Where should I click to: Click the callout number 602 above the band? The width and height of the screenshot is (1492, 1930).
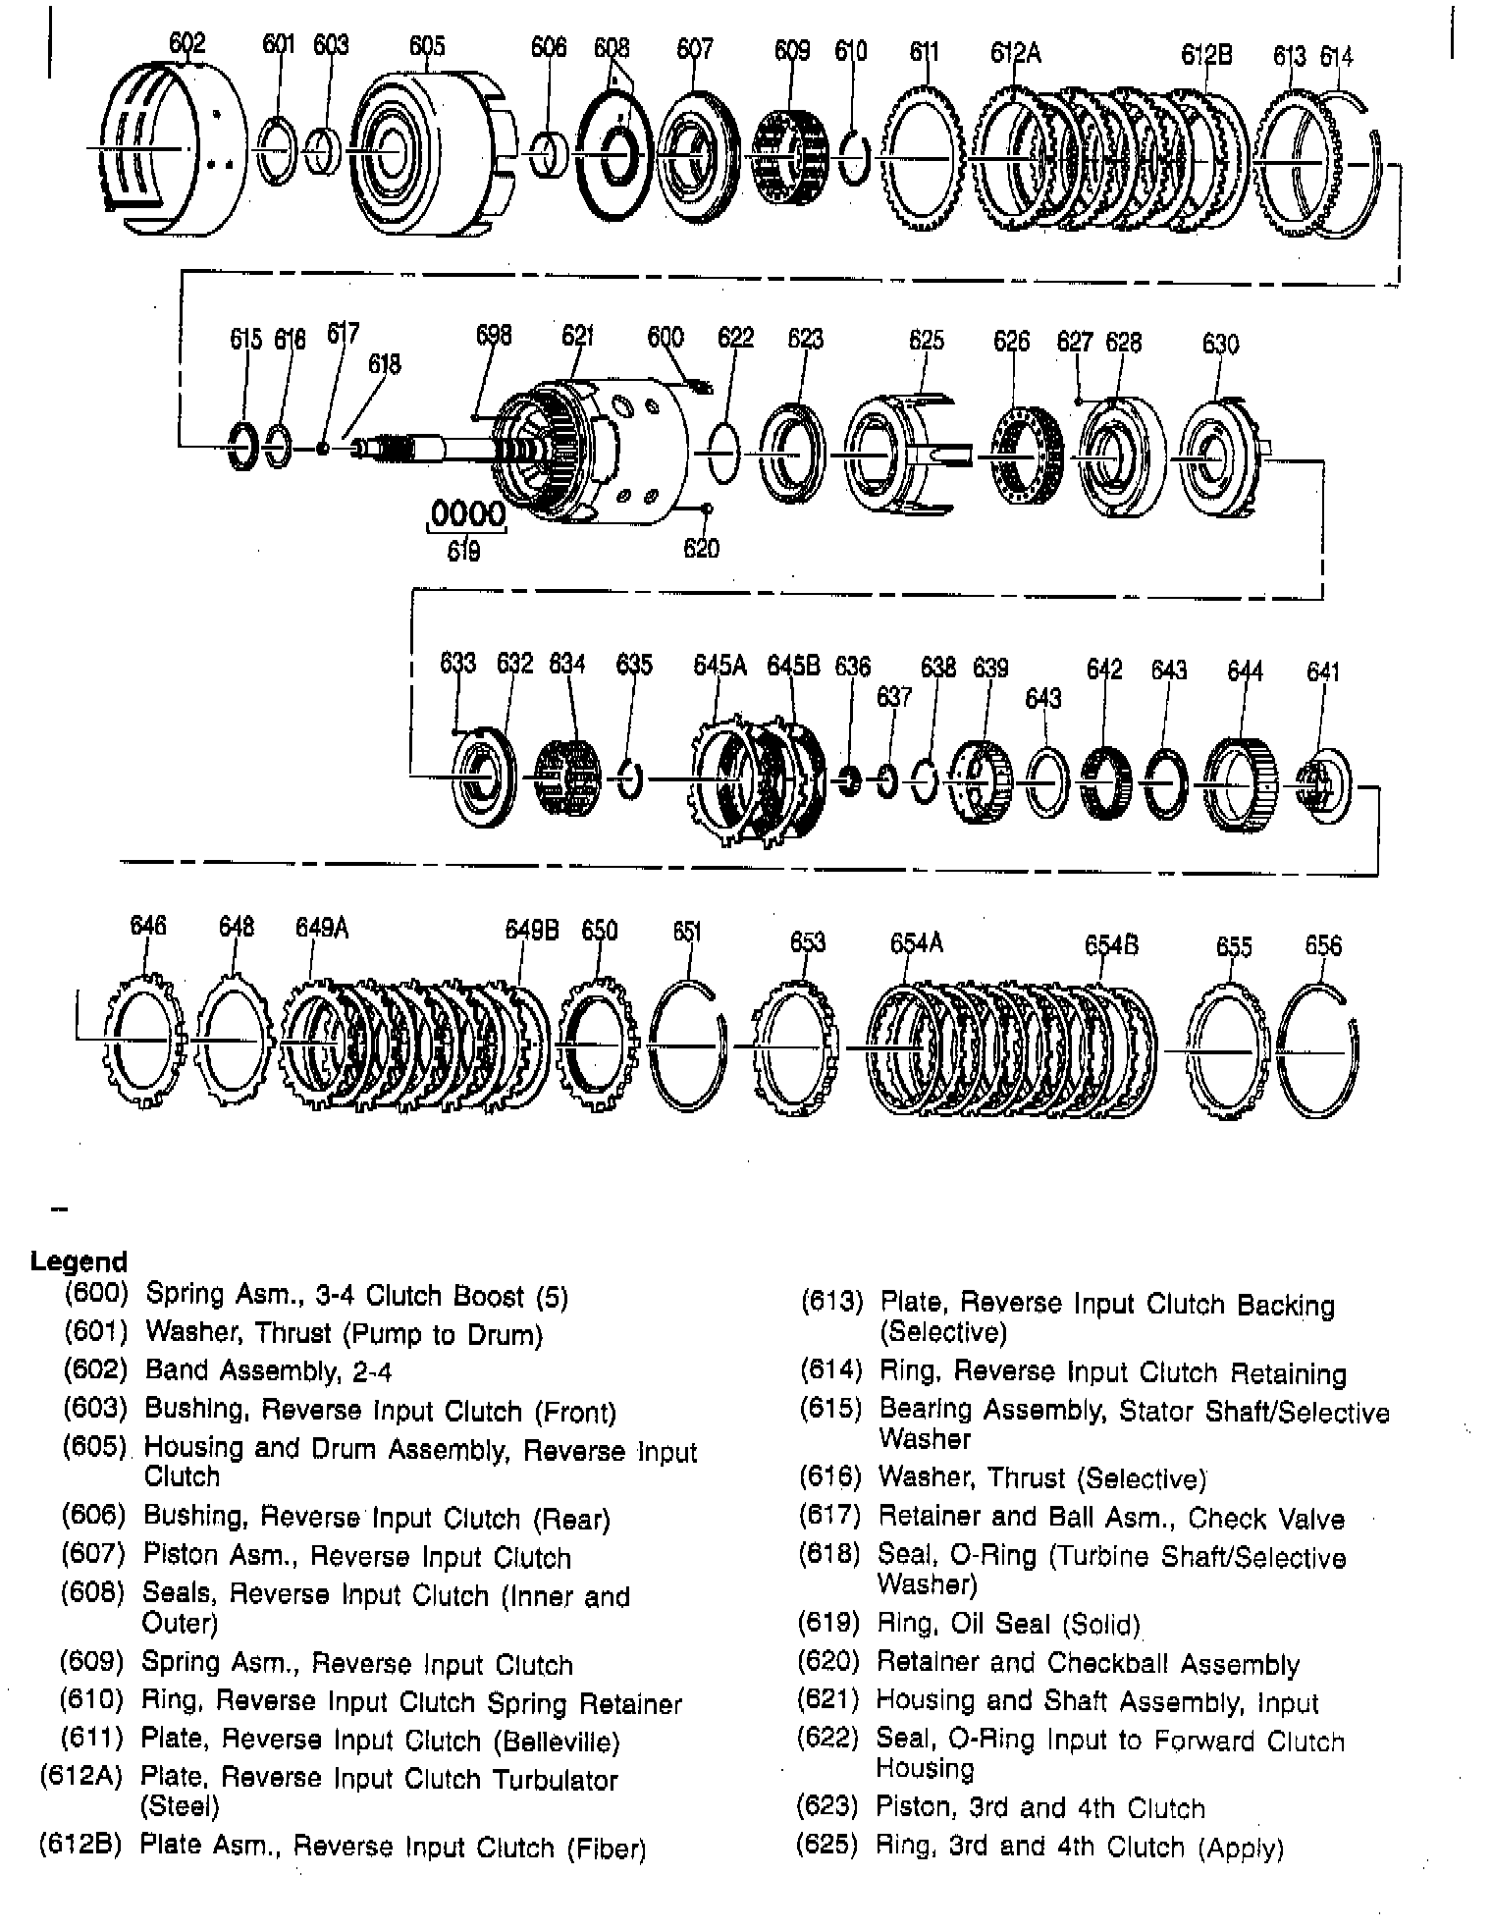pos(186,43)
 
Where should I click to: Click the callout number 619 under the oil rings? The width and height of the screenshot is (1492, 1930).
pos(463,552)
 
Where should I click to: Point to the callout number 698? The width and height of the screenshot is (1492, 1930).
pos(494,336)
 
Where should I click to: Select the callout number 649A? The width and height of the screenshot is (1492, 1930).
pos(322,928)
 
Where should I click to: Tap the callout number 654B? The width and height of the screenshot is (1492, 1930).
pos(1111,944)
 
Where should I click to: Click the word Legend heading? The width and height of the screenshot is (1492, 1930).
pos(79,1261)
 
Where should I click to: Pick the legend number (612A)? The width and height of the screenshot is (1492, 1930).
pos(80,1778)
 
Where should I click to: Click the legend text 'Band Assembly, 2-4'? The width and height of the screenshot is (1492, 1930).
pos(268,1370)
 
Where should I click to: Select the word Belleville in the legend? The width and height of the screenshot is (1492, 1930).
pos(559,1741)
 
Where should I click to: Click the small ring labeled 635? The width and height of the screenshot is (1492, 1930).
pos(630,779)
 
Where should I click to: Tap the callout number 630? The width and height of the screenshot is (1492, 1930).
pos(1220,344)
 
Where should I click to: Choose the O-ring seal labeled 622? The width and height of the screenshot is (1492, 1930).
pos(720,452)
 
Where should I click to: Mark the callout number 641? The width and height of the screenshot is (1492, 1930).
pos(1323,672)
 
